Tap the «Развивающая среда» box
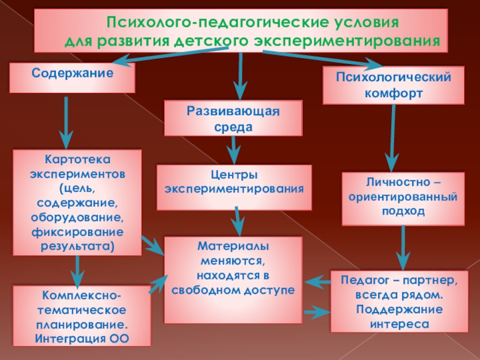tap(233, 119)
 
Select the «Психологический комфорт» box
tap(394, 85)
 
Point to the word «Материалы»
tap(233, 247)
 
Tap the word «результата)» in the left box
tap(77, 246)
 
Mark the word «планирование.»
tap(77, 325)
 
